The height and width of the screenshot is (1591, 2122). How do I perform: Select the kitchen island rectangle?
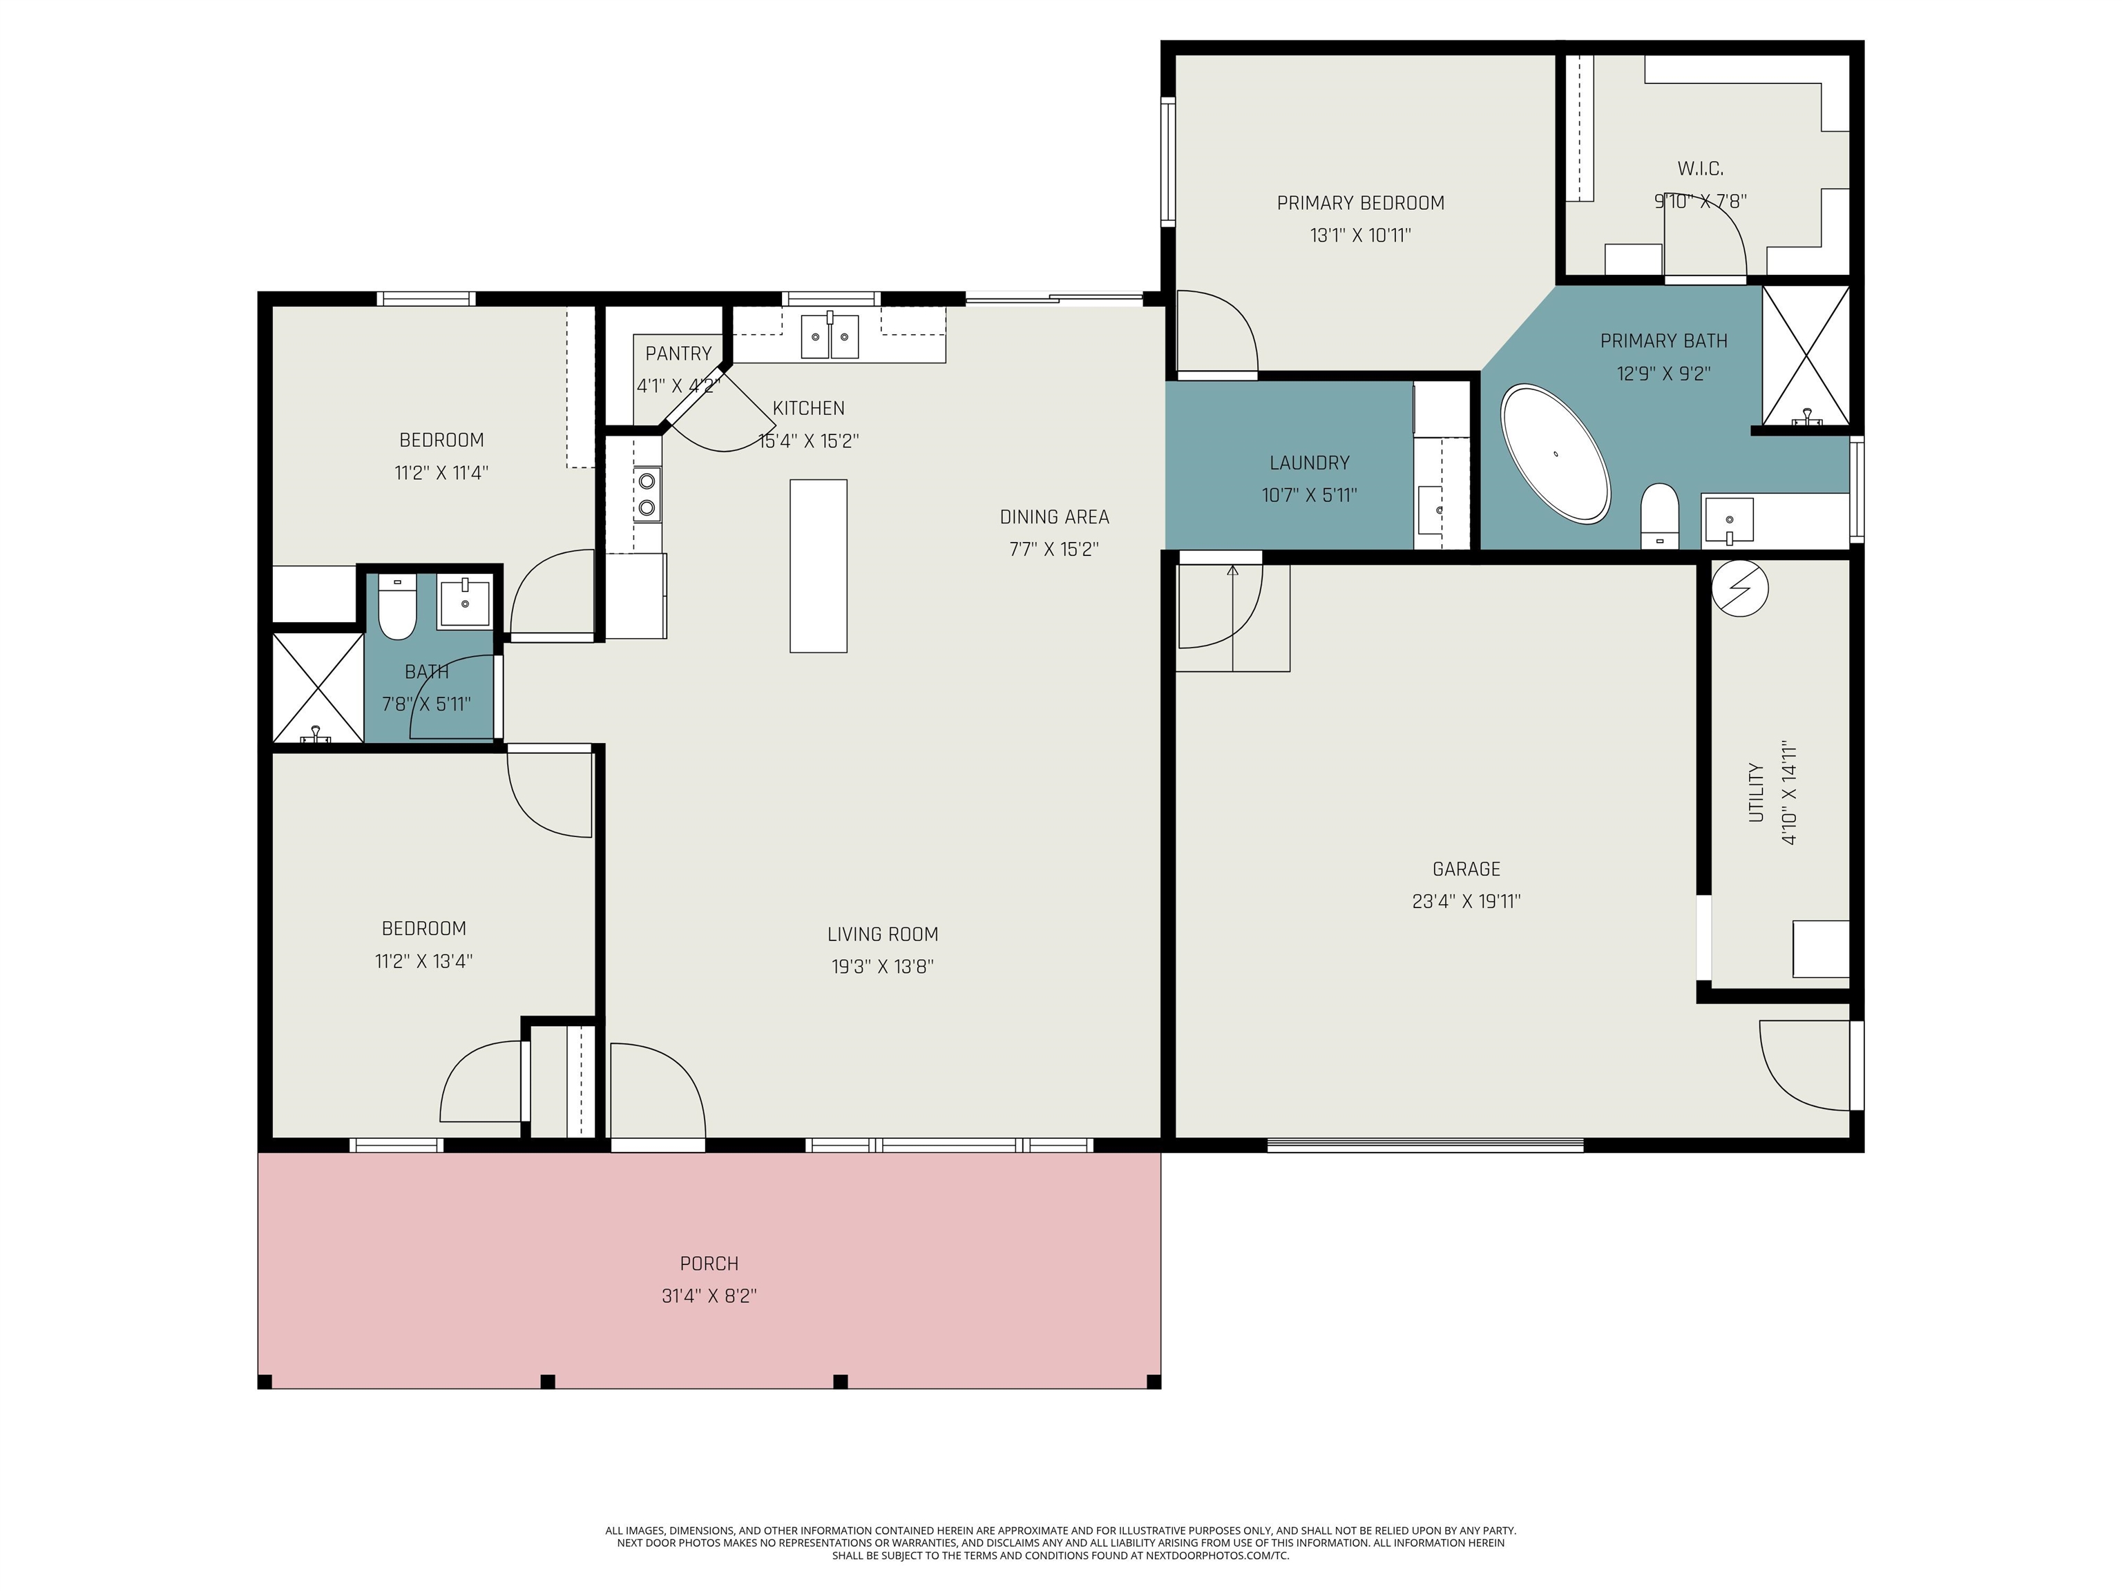coord(819,566)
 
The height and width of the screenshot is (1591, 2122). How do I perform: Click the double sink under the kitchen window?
coord(830,336)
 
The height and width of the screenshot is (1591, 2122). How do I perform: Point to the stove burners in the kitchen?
coord(647,494)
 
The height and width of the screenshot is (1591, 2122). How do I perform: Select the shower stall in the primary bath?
coord(1806,355)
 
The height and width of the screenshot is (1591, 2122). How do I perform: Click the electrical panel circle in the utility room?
coord(1739,588)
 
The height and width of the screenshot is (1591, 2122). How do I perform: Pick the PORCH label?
coord(709,1263)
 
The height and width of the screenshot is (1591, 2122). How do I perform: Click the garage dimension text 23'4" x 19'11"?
coord(1466,901)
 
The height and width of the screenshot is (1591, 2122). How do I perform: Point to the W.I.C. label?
coord(1700,168)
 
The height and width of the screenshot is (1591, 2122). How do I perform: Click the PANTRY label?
coord(678,354)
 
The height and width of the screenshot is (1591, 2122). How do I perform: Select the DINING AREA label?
coord(1054,517)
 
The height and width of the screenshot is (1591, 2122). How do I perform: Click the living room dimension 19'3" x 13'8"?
coord(883,967)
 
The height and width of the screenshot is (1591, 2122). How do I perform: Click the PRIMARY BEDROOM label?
coord(1360,203)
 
